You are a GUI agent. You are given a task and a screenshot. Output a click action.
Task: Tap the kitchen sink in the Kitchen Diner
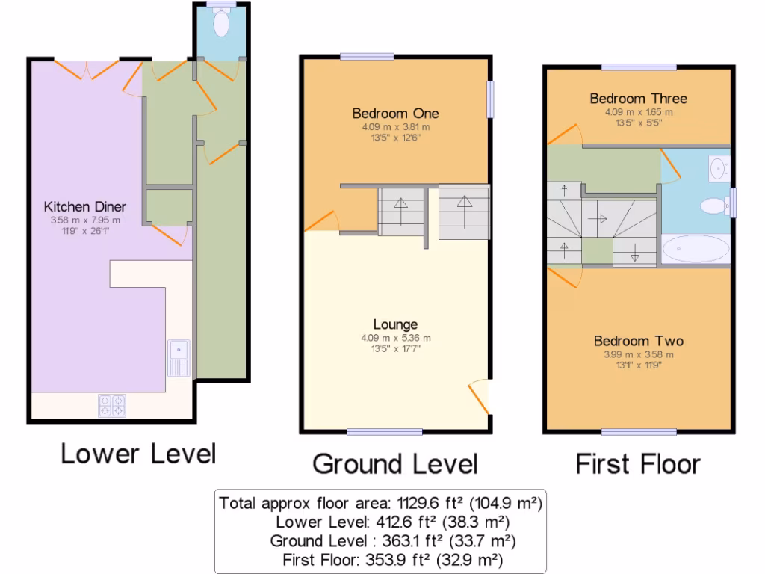pyautogui.click(x=179, y=357)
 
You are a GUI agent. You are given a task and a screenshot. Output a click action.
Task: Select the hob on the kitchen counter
pyautogui.click(x=112, y=405)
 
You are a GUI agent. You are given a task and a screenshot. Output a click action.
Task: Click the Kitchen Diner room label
pyautogui.click(x=84, y=207)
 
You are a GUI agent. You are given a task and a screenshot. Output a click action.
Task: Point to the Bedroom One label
pyautogui.click(x=395, y=114)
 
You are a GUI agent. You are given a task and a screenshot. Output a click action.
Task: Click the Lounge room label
pyautogui.click(x=395, y=324)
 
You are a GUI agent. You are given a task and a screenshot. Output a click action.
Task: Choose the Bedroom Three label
pyautogui.click(x=638, y=99)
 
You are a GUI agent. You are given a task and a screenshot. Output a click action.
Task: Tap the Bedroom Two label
pyautogui.click(x=638, y=341)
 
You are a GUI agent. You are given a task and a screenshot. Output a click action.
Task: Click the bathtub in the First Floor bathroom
pyautogui.click(x=695, y=249)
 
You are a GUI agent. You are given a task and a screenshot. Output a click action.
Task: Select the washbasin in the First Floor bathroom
pyautogui.click(x=718, y=167)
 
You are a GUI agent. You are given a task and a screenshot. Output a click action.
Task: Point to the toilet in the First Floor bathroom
pyautogui.click(x=716, y=205)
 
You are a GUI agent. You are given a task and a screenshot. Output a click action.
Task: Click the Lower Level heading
pyautogui.click(x=138, y=454)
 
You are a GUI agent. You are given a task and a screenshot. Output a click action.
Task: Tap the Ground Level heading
pyautogui.click(x=394, y=463)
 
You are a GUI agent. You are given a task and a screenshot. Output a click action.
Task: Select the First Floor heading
pyautogui.click(x=638, y=463)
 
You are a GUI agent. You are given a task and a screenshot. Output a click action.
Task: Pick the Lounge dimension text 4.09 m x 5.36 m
pyautogui.click(x=395, y=338)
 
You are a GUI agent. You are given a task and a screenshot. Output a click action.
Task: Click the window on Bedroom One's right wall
pyautogui.click(x=491, y=99)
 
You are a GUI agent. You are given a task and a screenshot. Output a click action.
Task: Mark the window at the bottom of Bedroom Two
pyautogui.click(x=639, y=431)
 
